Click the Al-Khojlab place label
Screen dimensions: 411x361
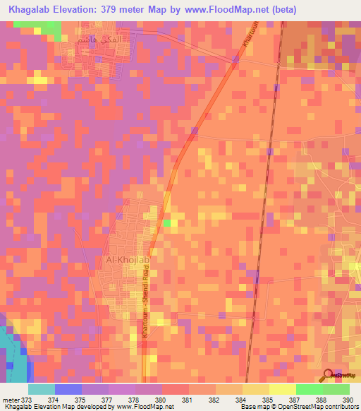point(128,260)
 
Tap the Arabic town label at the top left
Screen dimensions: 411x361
point(95,41)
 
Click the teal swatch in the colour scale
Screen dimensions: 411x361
point(41,388)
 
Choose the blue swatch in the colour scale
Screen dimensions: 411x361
point(68,388)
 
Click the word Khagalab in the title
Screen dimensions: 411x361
point(33,9)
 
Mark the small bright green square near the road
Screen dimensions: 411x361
point(166,223)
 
